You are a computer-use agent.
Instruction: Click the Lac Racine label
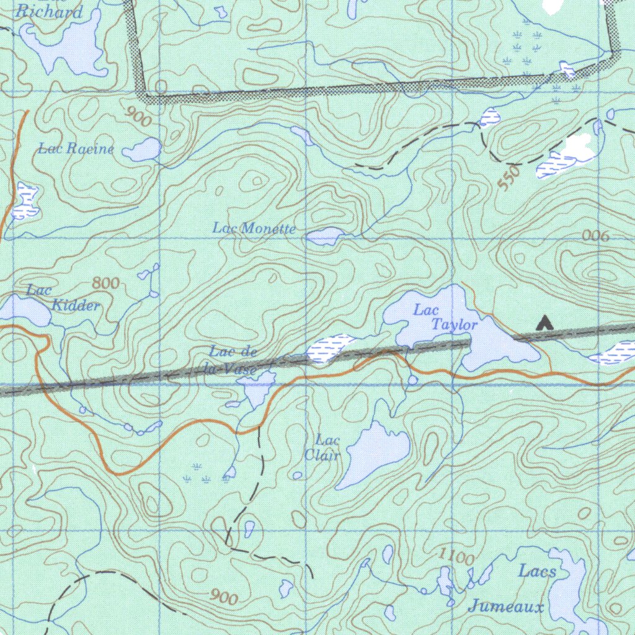(x=76, y=149)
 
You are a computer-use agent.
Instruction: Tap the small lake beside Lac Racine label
(x=143, y=149)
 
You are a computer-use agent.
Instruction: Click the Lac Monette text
(x=254, y=228)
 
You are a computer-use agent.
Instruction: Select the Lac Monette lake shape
(x=325, y=236)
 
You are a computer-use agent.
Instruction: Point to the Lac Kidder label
(x=62, y=298)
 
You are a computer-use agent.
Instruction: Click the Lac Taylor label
(x=445, y=317)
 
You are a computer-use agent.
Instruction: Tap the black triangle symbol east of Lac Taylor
(x=544, y=322)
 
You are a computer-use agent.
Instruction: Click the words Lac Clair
(x=322, y=448)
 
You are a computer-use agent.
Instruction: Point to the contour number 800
(x=105, y=283)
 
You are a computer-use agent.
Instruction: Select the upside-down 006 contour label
(x=596, y=236)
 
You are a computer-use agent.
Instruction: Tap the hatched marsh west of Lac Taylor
(x=329, y=349)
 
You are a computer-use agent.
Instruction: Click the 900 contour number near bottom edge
(x=223, y=598)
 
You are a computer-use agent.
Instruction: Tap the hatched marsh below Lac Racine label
(x=25, y=201)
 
